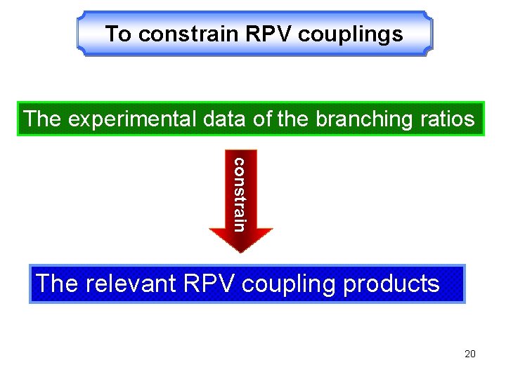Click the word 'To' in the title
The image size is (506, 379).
coord(119,34)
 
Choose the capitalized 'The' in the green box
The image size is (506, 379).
coord(42,119)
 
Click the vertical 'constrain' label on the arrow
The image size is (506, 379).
coord(240,194)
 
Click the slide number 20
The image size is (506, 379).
coord(470,354)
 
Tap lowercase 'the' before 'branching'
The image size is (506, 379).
coord(294,119)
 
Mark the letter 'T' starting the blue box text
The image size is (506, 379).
coord(44,284)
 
